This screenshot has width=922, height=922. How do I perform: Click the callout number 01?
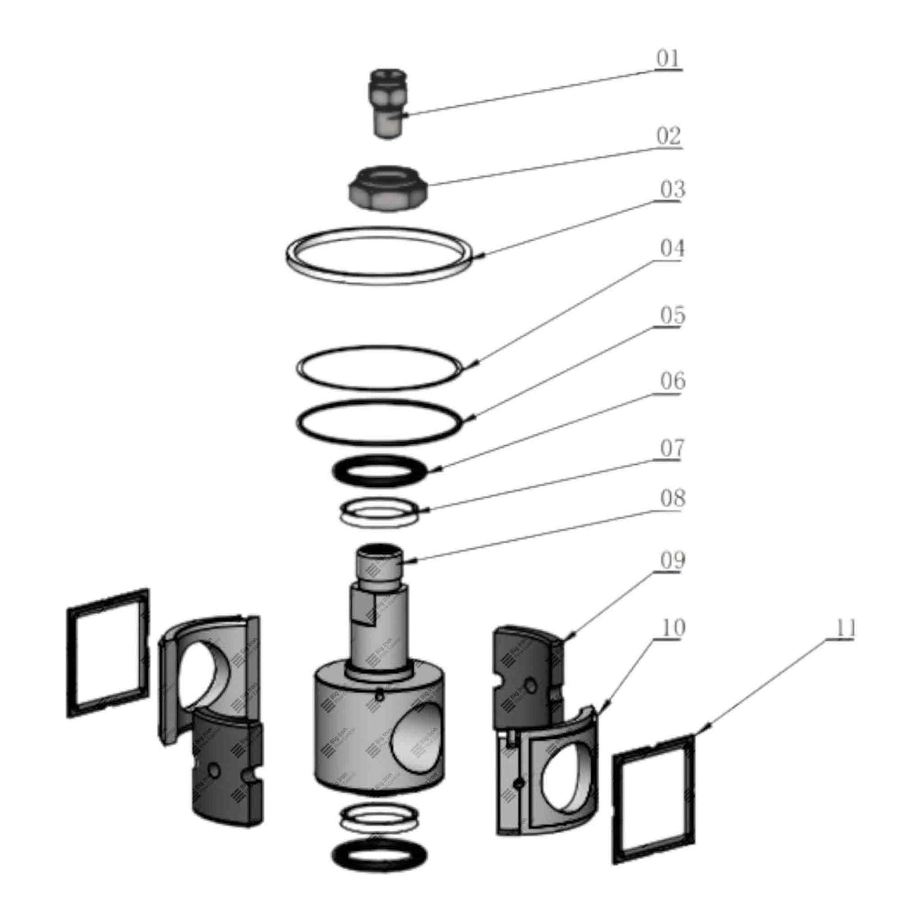pyautogui.click(x=668, y=58)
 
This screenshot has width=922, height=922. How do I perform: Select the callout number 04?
pyautogui.click(x=671, y=248)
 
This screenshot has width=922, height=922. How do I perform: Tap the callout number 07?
pyautogui.click(x=671, y=448)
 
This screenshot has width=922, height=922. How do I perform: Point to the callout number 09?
pyautogui.click(x=672, y=560)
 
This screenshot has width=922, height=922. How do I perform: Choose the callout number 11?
pyautogui.click(x=845, y=628)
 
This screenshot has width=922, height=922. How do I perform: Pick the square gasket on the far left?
pyautogui.click(x=108, y=652)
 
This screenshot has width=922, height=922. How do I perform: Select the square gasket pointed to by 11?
pyautogui.click(x=655, y=797)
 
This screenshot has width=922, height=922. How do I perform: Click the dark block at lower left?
pyautogui.click(x=225, y=767)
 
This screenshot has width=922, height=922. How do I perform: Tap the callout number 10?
pyautogui.click(x=672, y=628)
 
